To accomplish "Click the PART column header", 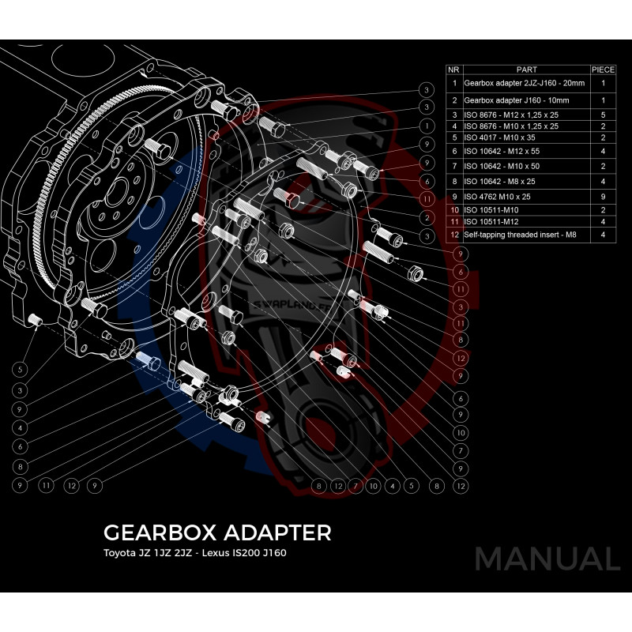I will pos(525,70).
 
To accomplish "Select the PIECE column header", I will pos(603,70).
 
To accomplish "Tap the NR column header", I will pos(454,70).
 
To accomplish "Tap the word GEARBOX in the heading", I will pos(149,532).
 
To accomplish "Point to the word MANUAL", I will pos(547,559).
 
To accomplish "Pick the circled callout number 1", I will pos(426,126).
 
